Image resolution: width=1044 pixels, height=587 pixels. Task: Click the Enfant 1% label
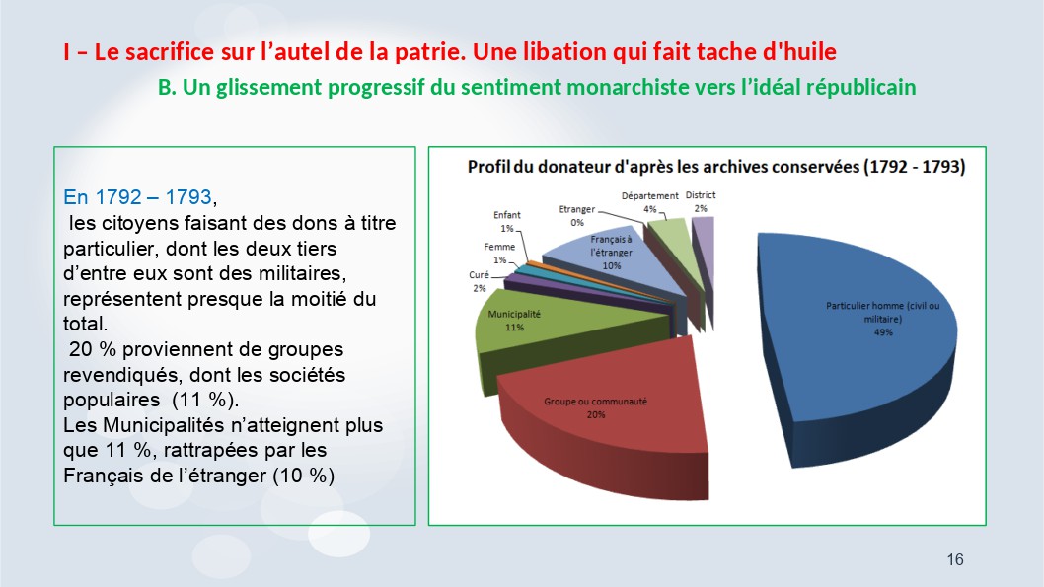coord(506,222)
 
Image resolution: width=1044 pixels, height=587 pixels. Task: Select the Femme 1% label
coord(499,253)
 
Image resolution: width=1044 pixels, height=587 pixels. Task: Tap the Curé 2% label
coord(479,281)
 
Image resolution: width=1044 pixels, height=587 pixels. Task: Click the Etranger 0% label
coord(576,216)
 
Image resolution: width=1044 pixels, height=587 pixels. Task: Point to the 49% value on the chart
coord(883,332)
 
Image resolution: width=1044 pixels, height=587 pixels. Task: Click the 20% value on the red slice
coord(595,414)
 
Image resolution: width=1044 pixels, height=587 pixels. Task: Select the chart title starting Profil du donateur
coord(716,167)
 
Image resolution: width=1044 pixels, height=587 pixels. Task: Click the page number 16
coord(955,559)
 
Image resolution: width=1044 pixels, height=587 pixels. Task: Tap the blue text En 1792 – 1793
coord(138,197)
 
